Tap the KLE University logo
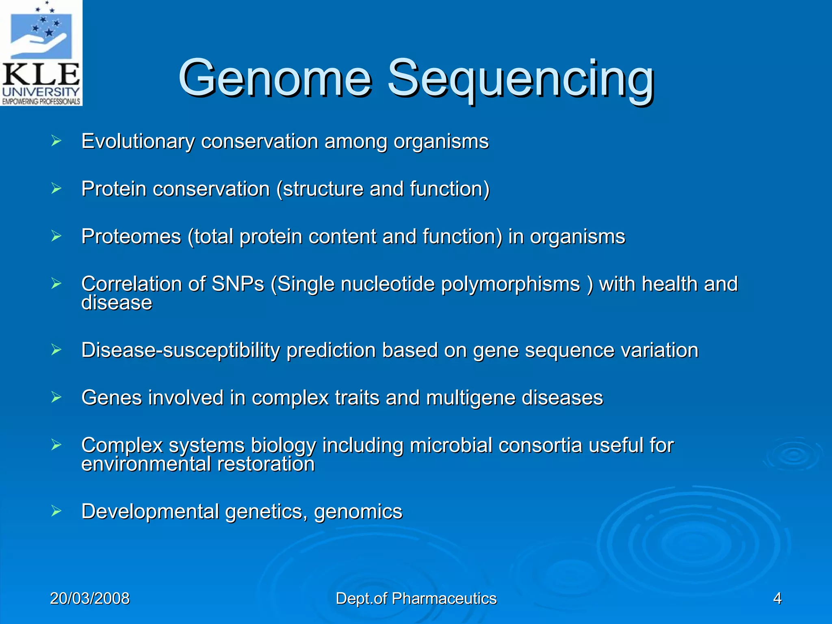point(41,53)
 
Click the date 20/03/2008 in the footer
point(90,598)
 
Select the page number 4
point(777,598)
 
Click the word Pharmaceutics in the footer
point(444,598)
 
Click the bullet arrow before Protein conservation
point(56,188)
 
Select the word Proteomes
point(131,236)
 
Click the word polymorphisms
point(511,284)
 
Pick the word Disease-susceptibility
point(180,350)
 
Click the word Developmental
point(150,511)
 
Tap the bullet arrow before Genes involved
point(56,397)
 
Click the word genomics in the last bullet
point(358,512)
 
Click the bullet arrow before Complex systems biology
point(56,445)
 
